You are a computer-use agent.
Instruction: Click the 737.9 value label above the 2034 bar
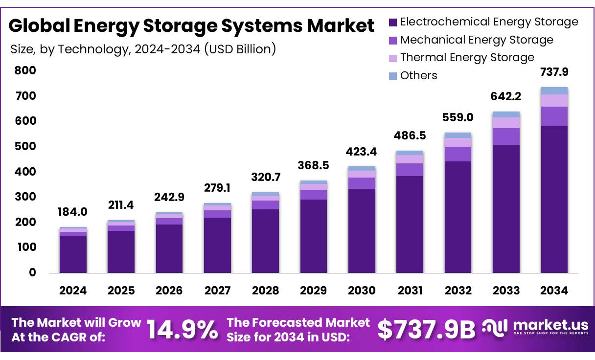(x=554, y=72)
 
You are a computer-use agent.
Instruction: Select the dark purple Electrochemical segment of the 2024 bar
(x=73, y=254)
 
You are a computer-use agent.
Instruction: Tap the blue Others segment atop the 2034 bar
(x=554, y=90)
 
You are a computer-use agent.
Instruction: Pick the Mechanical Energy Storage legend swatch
(x=393, y=40)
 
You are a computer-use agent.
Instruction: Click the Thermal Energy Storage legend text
(x=467, y=58)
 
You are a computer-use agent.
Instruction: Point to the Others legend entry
(x=418, y=75)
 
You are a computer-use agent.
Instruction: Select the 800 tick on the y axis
(x=25, y=70)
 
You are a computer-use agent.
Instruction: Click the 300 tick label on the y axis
(x=25, y=197)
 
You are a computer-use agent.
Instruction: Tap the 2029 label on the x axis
(x=313, y=291)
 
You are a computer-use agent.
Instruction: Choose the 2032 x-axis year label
(x=458, y=291)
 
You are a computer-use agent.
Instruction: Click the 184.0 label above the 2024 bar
(x=73, y=212)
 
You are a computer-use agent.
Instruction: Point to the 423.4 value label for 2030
(x=362, y=151)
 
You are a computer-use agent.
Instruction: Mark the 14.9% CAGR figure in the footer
(x=183, y=330)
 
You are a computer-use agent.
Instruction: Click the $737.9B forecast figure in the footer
(x=426, y=330)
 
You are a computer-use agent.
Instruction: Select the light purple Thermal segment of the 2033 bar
(x=506, y=123)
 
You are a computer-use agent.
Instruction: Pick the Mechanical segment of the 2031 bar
(x=410, y=170)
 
